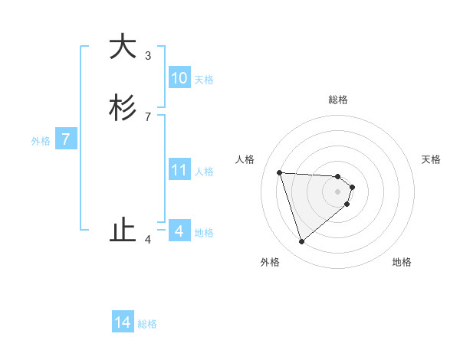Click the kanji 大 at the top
pyautogui.click(x=123, y=47)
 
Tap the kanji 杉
pyautogui.click(x=123, y=109)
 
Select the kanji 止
pyautogui.click(x=123, y=230)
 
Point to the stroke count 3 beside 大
pyautogui.click(x=148, y=55)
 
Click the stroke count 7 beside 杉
pyautogui.click(x=148, y=116)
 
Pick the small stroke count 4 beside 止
pyautogui.click(x=148, y=239)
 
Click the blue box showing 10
pyautogui.click(x=179, y=78)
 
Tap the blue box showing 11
pyautogui.click(x=179, y=170)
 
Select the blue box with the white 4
pyautogui.click(x=179, y=231)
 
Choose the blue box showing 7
pyautogui.click(x=67, y=139)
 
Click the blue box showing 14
pyautogui.click(x=123, y=322)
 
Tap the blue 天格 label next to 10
pyautogui.click(x=204, y=80)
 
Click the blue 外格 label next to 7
pyautogui.click(x=41, y=141)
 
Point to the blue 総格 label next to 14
pyautogui.click(x=147, y=324)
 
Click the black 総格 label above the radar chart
pyautogui.click(x=338, y=100)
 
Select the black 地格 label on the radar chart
pyautogui.click(x=402, y=262)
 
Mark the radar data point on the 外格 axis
pyautogui.click(x=301, y=242)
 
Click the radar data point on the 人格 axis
pyautogui.click(x=280, y=172)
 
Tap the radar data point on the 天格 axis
pyautogui.click(x=352, y=187)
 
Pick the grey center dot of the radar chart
pyautogui.click(x=338, y=191)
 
